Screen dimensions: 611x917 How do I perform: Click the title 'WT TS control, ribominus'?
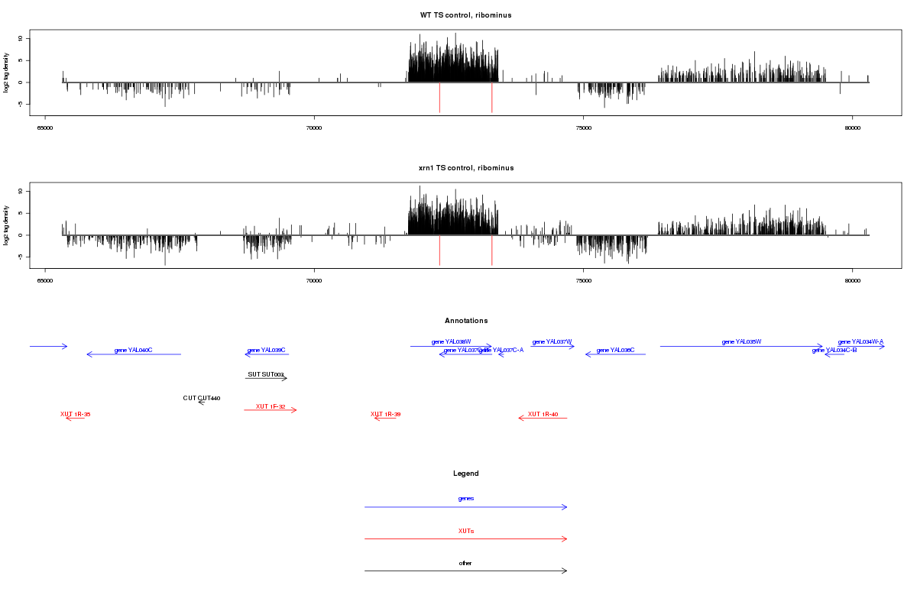pyautogui.click(x=466, y=15)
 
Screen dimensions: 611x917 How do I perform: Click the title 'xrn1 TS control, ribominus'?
pyautogui.click(x=466, y=168)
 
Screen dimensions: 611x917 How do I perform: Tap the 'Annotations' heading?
pyautogui.click(x=466, y=321)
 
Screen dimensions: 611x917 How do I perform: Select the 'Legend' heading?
pyautogui.click(x=466, y=474)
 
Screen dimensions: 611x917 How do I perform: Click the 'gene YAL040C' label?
pyautogui.click(x=134, y=350)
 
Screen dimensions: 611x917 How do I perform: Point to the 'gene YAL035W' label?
pyautogui.click(x=741, y=341)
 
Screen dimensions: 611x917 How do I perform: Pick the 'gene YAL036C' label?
pyautogui.click(x=615, y=350)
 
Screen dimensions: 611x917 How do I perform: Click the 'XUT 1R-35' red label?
pyautogui.click(x=75, y=414)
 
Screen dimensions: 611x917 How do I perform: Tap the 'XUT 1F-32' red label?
pyautogui.click(x=271, y=406)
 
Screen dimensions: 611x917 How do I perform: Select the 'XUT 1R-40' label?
pyautogui.click(x=543, y=414)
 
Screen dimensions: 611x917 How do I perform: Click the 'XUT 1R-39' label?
pyautogui.click(x=386, y=414)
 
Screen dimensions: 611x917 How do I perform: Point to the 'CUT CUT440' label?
pyautogui.click(x=202, y=398)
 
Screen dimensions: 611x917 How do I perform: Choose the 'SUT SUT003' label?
pyautogui.click(x=266, y=375)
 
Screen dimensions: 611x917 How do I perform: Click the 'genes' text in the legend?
pyautogui.click(x=466, y=498)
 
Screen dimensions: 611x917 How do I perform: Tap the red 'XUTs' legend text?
pyautogui.click(x=466, y=530)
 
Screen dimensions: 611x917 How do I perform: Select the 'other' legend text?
pyautogui.click(x=466, y=563)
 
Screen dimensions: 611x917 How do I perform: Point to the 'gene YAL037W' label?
pyautogui.click(x=552, y=341)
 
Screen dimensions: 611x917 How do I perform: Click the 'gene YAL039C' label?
pyautogui.click(x=266, y=350)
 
